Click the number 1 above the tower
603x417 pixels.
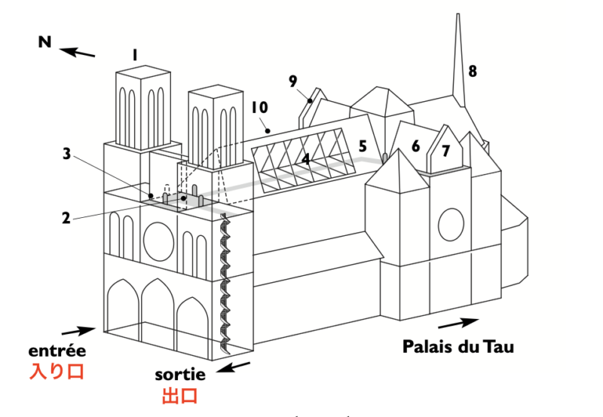tap(133, 55)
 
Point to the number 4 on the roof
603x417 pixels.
tap(306, 159)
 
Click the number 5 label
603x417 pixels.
tap(363, 146)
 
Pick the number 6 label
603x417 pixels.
tap(415, 146)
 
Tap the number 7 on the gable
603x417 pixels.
tap(445, 152)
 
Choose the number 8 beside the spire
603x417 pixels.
tap(473, 72)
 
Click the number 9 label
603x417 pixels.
tap(293, 81)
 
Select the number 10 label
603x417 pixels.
tap(259, 108)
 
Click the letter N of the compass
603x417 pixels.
tap(45, 42)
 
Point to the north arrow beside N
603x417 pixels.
tap(78, 52)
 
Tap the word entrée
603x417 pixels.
tap(57, 351)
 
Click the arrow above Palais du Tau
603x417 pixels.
tap(457, 323)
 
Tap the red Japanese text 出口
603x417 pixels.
tap(180, 396)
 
